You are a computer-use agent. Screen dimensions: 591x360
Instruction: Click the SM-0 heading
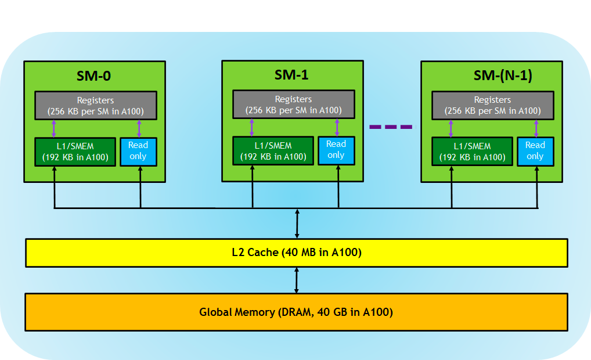pos(93,76)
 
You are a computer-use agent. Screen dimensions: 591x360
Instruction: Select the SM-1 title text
pos(291,75)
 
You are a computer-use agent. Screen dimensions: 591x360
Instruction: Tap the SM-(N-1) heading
pos(503,75)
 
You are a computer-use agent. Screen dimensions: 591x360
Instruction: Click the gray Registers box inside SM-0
pos(96,106)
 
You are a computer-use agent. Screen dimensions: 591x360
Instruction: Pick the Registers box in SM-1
pos(294,105)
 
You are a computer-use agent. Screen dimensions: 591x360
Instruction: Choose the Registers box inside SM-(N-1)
pos(493,105)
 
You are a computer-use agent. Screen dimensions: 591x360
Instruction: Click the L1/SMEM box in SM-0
pos(75,152)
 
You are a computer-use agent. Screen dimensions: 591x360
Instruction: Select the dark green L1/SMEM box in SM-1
pos(273,151)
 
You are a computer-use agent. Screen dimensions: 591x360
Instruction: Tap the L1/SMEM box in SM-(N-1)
pos(472,152)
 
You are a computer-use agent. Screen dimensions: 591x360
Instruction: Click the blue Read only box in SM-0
pos(138,152)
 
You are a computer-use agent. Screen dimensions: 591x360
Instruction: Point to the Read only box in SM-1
pos(336,151)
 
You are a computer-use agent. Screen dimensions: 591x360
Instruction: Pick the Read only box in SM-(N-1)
pos(535,152)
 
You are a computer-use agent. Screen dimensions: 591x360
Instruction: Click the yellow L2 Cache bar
pos(297,253)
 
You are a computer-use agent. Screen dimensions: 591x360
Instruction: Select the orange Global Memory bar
pos(296,312)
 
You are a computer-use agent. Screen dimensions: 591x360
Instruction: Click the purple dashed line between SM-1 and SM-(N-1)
pos(391,127)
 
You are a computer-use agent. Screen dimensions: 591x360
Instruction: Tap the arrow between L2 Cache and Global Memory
pos(297,280)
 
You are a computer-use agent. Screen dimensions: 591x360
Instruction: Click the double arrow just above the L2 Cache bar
pos(297,224)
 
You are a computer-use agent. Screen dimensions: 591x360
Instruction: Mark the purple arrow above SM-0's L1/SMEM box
pos(54,128)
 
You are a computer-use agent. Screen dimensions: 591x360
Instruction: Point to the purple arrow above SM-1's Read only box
pos(337,127)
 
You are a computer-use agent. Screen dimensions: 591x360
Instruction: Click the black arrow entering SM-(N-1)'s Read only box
pos(537,187)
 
